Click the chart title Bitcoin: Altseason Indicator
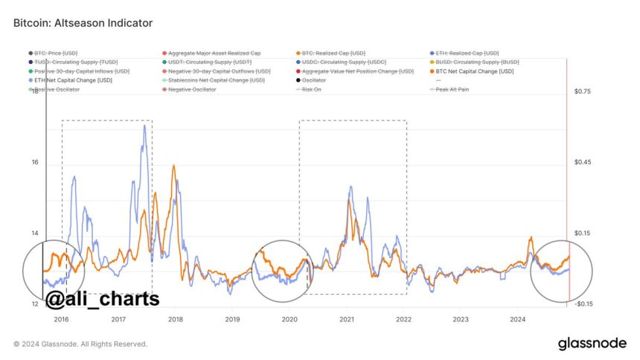83,23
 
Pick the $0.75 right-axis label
582,91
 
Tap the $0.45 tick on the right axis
582,162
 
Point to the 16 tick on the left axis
34,162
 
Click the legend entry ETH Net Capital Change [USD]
72,80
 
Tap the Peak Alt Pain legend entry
452,89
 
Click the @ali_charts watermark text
102,299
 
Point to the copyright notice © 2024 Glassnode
80,344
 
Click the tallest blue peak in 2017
144,126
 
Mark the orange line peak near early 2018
173,166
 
